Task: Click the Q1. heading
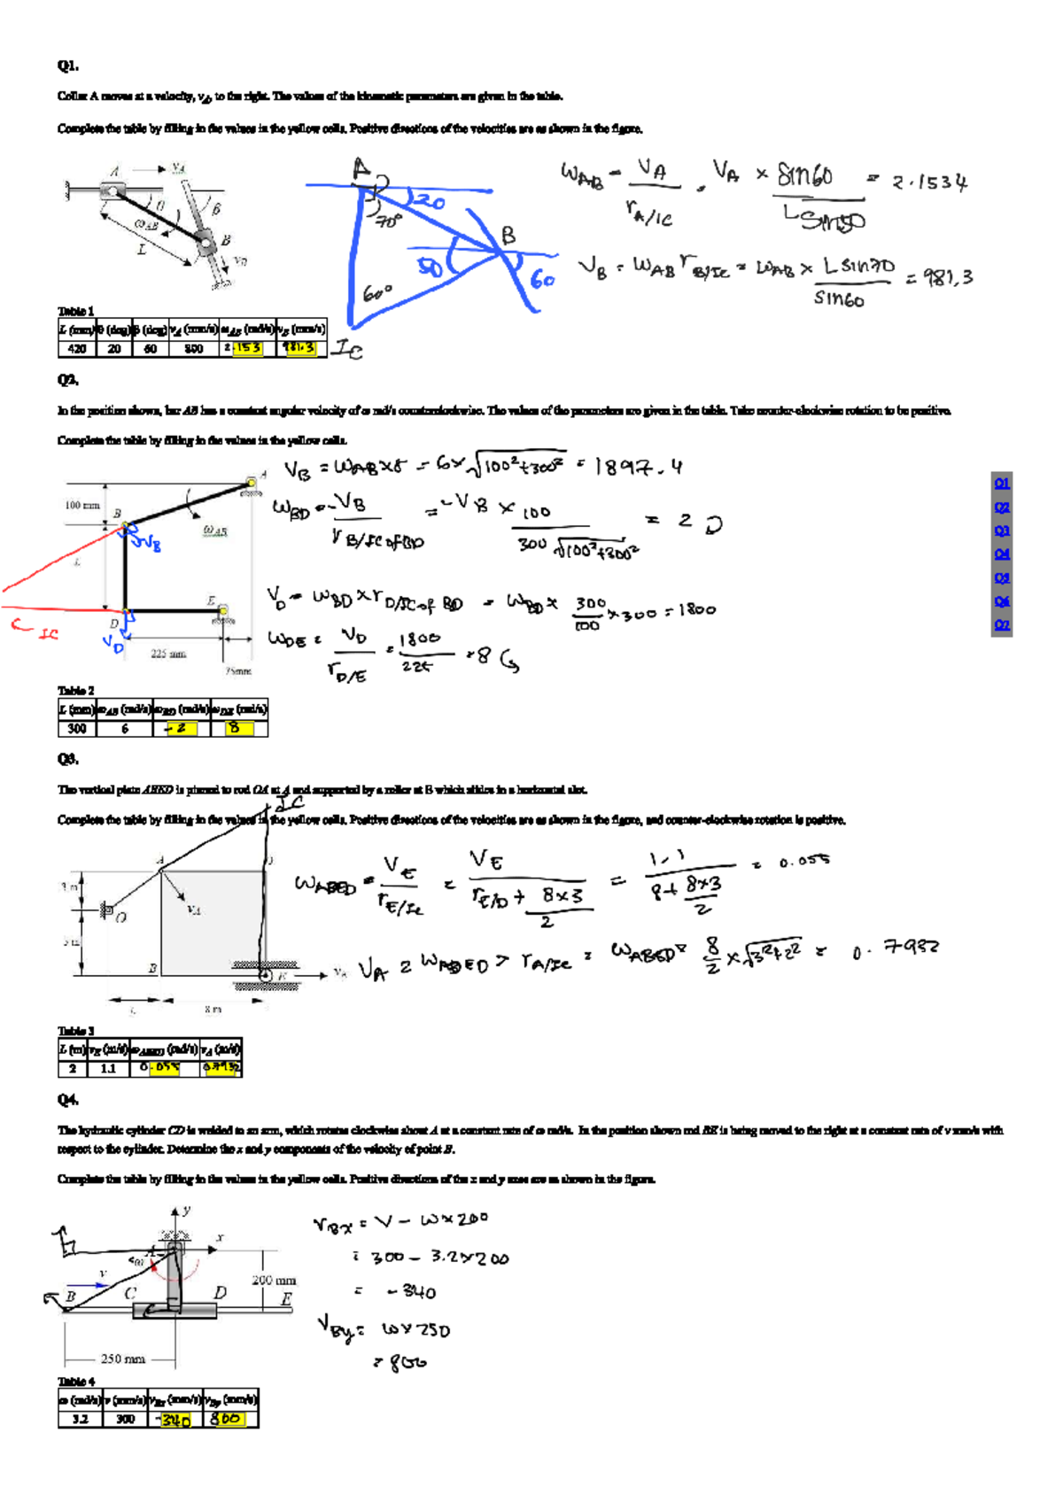68,66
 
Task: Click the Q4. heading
68,1100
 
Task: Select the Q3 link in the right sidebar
1002,530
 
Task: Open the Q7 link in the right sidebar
1002,624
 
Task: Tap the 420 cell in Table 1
77,349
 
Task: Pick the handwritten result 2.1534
929,183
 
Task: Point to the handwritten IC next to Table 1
347,351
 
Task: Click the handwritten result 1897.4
639,467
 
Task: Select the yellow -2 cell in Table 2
181,729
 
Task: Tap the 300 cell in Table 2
77,729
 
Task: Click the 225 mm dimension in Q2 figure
168,654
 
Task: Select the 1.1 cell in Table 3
108,1069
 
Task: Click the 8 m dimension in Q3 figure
213,1009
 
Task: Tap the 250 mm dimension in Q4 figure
122,1359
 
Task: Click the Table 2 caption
76,690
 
